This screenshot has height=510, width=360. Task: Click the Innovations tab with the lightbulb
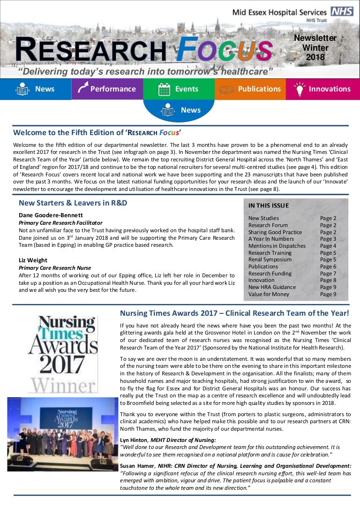(x=323, y=89)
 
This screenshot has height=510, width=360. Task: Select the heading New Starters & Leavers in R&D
(x=73, y=203)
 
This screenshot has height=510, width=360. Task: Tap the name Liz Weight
(x=33, y=260)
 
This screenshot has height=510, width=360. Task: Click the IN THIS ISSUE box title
(x=269, y=206)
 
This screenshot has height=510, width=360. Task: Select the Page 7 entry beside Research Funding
(x=328, y=274)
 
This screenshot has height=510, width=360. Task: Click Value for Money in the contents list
(x=269, y=294)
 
